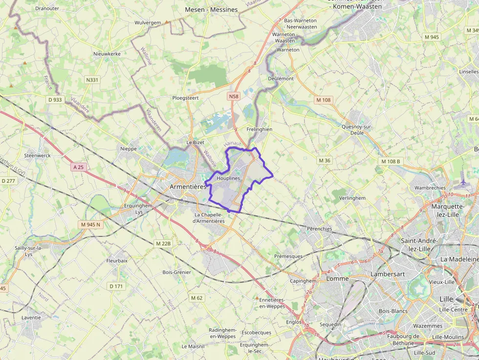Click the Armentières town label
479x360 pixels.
tap(188, 187)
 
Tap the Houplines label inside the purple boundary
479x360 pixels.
tap(228, 179)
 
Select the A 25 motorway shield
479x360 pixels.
tap(78, 167)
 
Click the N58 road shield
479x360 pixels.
tap(234, 97)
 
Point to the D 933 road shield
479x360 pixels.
tap(55, 100)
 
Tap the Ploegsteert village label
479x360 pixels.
tap(186, 98)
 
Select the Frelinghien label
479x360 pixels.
tap(259, 129)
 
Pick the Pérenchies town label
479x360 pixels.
tap(319, 229)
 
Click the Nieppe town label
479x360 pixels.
tap(129, 148)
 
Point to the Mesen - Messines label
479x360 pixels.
tap(211, 10)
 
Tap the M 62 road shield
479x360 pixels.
tap(196, 297)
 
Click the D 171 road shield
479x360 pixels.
tap(116, 286)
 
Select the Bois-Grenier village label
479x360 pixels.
tap(176, 272)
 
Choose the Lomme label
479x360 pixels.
tap(337, 278)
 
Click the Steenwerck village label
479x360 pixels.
tap(38, 155)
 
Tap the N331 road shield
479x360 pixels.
tap(92, 80)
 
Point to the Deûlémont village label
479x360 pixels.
tap(281, 78)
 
